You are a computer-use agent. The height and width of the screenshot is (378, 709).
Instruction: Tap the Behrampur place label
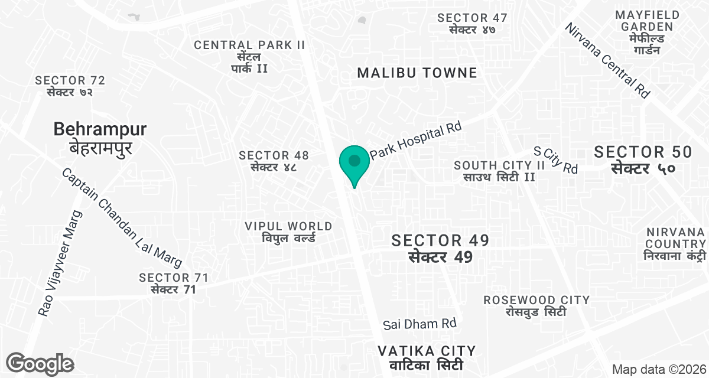click(100, 138)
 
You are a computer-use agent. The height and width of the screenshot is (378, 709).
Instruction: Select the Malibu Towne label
click(417, 73)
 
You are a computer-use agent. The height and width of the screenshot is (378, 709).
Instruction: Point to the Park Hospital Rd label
click(415, 140)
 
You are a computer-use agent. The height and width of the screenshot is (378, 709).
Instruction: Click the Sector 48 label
click(274, 161)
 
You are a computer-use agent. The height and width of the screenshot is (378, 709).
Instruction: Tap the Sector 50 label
click(643, 159)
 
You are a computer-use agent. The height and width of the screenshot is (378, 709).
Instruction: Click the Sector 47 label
click(471, 24)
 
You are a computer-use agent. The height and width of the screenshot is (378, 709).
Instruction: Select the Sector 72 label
click(70, 86)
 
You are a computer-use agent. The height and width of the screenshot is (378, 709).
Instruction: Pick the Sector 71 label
click(173, 283)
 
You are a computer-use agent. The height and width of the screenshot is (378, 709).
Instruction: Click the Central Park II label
click(249, 56)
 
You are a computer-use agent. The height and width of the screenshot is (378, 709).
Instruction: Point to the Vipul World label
click(289, 232)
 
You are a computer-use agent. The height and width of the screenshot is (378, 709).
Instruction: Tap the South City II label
click(499, 171)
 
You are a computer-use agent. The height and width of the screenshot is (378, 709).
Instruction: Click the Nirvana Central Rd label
click(607, 61)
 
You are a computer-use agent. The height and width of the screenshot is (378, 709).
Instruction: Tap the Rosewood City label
click(536, 305)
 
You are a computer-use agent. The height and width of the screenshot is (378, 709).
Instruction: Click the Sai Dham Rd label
click(419, 324)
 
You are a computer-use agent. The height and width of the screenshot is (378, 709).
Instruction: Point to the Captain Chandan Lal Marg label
click(121, 218)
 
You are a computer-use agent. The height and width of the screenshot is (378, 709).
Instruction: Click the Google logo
click(40, 364)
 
